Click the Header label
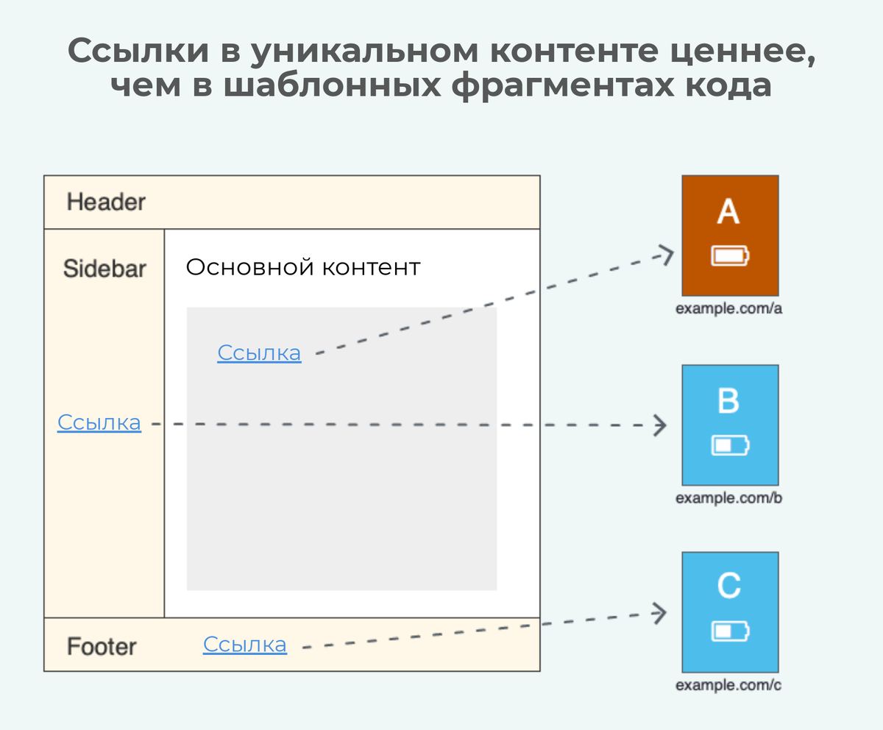point(106,202)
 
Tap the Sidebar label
point(104,269)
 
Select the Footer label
point(102,647)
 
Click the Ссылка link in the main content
point(259,353)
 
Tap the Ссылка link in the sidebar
point(99,422)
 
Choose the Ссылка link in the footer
point(245,645)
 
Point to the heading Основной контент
point(302,267)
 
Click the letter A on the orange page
point(728,212)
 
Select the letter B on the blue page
point(728,402)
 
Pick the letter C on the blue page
point(728,587)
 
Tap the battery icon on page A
point(731,255)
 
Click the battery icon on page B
point(731,445)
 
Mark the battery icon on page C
point(731,631)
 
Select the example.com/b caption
point(728,498)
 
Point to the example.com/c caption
point(728,685)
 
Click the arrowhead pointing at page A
point(666,255)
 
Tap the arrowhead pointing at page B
point(660,425)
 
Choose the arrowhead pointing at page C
point(660,612)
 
